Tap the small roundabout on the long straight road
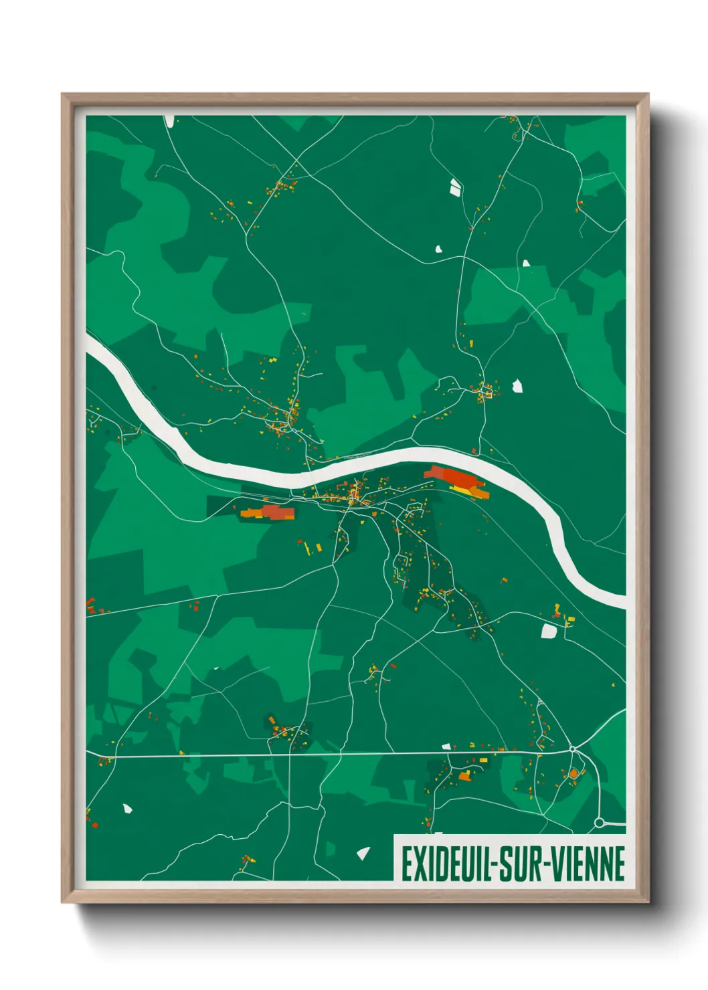pyautogui.click(x=573, y=749)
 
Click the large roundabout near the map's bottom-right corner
pyautogui.click(x=600, y=823)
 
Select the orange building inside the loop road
pyautogui.click(x=573, y=774)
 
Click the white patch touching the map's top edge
pyautogui.click(x=169, y=120)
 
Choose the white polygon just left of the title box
pyautogui.click(x=363, y=853)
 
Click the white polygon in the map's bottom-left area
pyautogui.click(x=127, y=809)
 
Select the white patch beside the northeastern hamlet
pyautogui.click(x=517, y=385)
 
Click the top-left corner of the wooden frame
pyautogui.click(x=63, y=95)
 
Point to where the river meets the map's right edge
pyautogui.click(x=624, y=600)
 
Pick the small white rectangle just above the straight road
pyautogui.click(x=446, y=746)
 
